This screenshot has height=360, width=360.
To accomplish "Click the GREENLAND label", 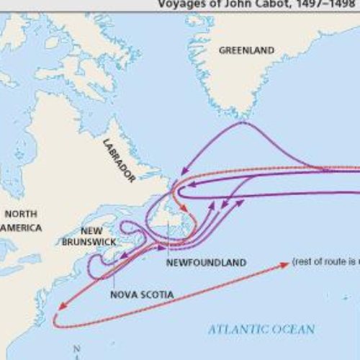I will point(246,50).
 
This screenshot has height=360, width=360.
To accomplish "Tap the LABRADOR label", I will point(120,159).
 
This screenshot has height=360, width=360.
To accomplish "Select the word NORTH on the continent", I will point(20,214).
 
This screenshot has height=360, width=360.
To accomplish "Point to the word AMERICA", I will point(21,228).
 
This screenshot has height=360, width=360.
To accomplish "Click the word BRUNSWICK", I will point(89,242).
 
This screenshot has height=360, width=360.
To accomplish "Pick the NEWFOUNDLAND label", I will point(206,263).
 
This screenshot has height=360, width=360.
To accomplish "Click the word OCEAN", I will point(295,329).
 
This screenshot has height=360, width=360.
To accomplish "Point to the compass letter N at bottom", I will point(76,349).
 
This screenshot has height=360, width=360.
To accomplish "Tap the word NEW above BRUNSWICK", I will point(91,231).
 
